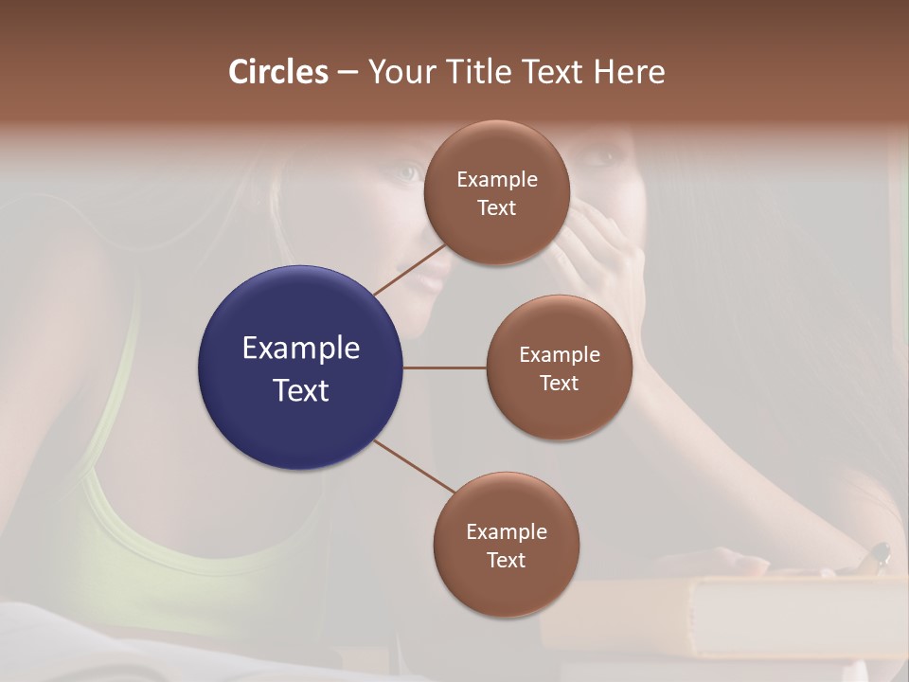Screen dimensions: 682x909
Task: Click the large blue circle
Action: [x=300, y=368]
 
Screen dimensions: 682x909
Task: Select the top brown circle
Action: [x=496, y=192]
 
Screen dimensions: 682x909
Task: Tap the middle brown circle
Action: [x=559, y=368]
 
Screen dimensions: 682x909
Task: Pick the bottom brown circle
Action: [x=506, y=545]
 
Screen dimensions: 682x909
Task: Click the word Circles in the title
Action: [x=278, y=72]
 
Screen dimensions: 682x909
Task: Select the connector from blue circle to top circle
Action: [x=409, y=271]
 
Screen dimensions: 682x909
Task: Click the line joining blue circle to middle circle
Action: [x=445, y=368]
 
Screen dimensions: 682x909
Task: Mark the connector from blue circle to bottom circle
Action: [x=415, y=466]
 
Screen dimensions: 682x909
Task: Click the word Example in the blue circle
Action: [x=301, y=349]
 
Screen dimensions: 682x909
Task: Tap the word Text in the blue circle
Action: [x=301, y=390]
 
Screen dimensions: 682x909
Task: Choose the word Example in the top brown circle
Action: [x=497, y=179]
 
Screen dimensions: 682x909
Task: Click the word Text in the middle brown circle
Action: [x=560, y=383]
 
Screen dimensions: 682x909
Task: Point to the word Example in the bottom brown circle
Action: [x=507, y=531]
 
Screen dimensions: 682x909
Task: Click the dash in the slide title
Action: [x=348, y=72]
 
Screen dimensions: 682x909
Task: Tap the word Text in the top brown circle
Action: [x=497, y=207]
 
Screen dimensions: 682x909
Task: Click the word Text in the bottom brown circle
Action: [x=507, y=560]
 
